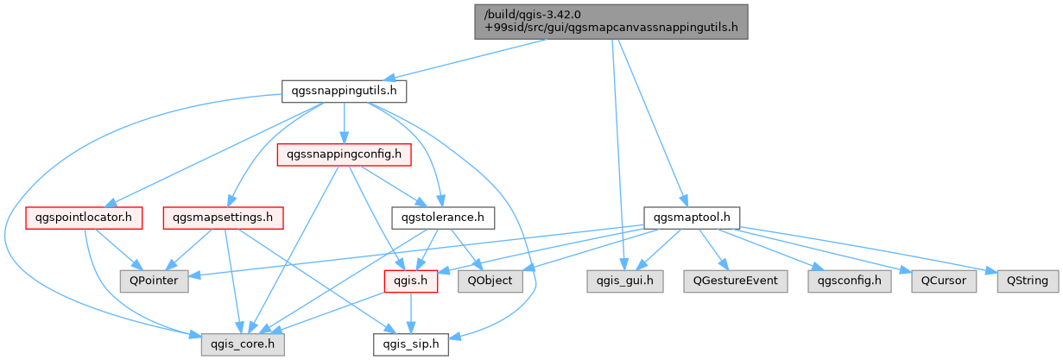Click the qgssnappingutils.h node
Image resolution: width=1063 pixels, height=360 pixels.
pyautogui.click(x=344, y=91)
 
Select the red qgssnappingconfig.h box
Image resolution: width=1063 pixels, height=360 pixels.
pyautogui.click(x=344, y=155)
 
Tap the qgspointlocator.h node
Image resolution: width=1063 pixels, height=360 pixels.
pyautogui.click(x=84, y=218)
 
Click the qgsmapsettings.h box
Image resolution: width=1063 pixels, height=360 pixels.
pyautogui.click(x=223, y=218)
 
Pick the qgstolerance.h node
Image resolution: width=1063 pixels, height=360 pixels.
pyautogui.click(x=443, y=218)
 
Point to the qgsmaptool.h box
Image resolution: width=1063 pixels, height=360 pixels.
pyautogui.click(x=692, y=218)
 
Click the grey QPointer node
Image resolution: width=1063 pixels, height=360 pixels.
pyautogui.click(x=155, y=281)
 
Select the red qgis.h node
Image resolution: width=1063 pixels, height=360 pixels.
pyautogui.click(x=410, y=281)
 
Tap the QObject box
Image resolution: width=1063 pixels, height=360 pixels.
pyautogui.click(x=490, y=281)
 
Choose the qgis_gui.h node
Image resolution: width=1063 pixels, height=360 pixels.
pyautogui.click(x=624, y=281)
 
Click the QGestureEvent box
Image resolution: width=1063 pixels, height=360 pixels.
pyautogui.click(x=735, y=281)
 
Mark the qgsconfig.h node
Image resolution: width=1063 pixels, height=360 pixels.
pyautogui.click(x=850, y=281)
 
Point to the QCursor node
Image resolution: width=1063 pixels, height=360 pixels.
pyautogui.click(x=944, y=281)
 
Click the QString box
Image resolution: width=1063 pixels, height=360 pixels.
pyautogui.click(x=1028, y=281)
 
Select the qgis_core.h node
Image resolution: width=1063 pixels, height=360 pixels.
pyautogui.click(x=243, y=344)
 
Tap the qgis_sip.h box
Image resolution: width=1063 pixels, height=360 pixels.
pyautogui.click(x=410, y=344)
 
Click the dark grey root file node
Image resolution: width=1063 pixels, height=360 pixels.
pyautogui.click(x=611, y=22)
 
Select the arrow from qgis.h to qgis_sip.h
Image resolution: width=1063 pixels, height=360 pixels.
pyautogui.click(x=410, y=313)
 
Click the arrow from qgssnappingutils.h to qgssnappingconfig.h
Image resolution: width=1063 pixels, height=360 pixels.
pyautogui.click(x=344, y=123)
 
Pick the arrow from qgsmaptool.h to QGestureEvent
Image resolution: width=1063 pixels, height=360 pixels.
pyautogui.click(x=711, y=249)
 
